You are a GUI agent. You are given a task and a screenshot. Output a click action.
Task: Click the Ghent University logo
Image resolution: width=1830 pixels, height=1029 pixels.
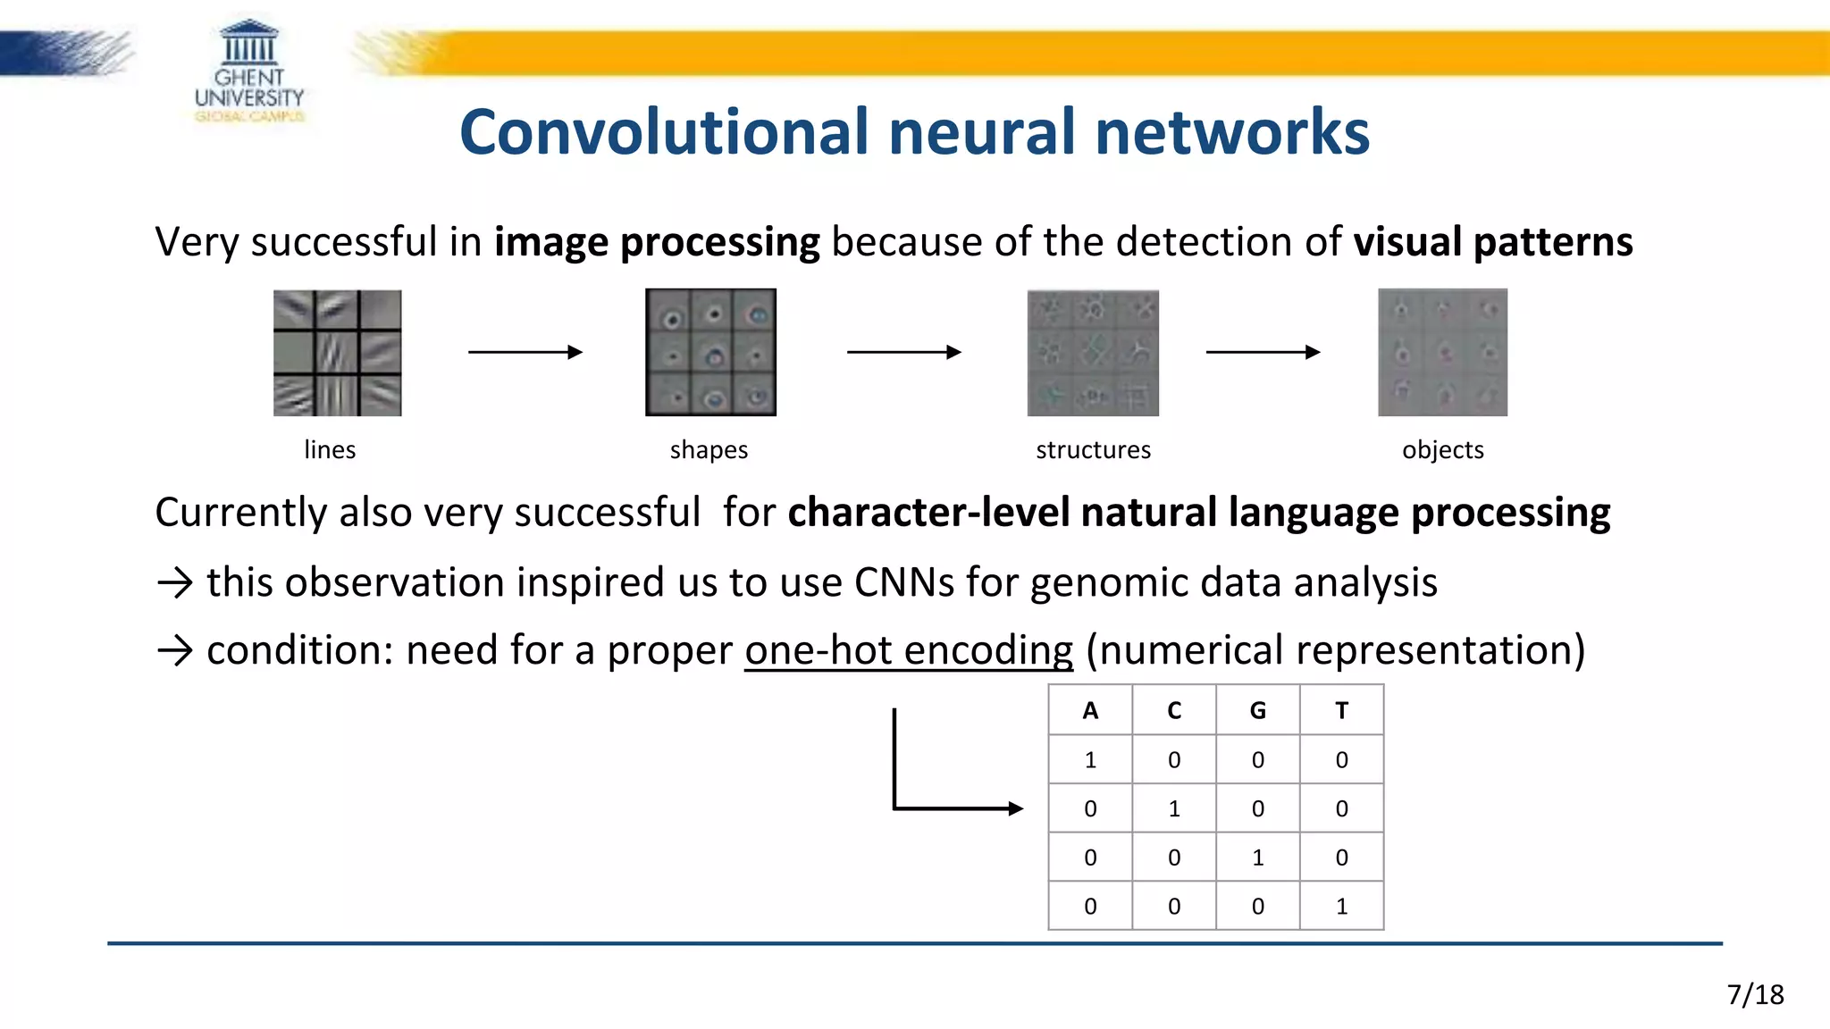[x=249, y=71]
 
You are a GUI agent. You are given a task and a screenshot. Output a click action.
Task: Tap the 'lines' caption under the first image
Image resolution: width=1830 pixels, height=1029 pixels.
[x=330, y=449]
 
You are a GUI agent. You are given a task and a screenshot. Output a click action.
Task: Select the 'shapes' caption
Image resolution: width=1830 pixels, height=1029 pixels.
[x=709, y=449]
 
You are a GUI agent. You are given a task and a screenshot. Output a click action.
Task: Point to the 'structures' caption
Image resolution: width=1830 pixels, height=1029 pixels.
[x=1093, y=449]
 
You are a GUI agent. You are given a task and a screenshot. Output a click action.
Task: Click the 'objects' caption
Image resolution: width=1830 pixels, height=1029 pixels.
[x=1442, y=449]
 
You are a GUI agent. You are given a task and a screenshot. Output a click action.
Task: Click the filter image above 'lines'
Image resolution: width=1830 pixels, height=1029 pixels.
[x=337, y=353]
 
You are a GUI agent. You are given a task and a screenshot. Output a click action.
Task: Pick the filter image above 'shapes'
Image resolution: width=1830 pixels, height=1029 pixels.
[x=710, y=353]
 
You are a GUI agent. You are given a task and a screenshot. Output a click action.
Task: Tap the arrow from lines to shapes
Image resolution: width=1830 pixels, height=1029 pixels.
[x=525, y=352]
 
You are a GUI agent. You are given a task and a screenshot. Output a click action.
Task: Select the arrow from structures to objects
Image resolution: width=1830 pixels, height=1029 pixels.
[x=1262, y=352]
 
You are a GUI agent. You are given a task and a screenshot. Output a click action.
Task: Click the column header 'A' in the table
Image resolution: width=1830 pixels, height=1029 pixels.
[x=1090, y=710]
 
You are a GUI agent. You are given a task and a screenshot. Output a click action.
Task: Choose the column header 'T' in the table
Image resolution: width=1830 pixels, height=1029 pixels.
[x=1341, y=710]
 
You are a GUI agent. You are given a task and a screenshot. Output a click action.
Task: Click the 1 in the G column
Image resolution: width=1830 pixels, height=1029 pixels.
[x=1257, y=857]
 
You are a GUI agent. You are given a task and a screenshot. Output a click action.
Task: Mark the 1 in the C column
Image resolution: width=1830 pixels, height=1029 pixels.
[x=1174, y=808]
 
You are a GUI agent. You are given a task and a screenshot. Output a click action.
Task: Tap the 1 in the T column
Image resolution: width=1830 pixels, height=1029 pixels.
[x=1341, y=907]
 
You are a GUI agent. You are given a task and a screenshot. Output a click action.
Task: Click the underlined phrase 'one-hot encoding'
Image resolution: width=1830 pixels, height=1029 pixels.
[x=908, y=650]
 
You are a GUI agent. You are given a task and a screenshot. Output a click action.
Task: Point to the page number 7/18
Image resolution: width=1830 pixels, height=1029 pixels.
[x=1755, y=994]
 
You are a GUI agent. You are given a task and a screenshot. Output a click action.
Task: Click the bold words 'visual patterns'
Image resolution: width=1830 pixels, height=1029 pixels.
[x=1492, y=242]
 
